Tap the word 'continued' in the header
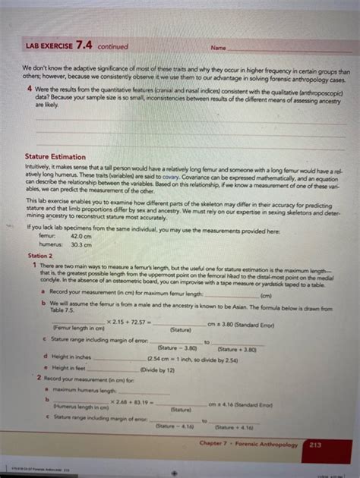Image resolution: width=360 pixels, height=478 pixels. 112,47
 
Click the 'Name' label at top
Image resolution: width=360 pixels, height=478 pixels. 218,48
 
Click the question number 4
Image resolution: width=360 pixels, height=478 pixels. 28,88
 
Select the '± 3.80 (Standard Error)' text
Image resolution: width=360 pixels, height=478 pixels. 245,325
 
